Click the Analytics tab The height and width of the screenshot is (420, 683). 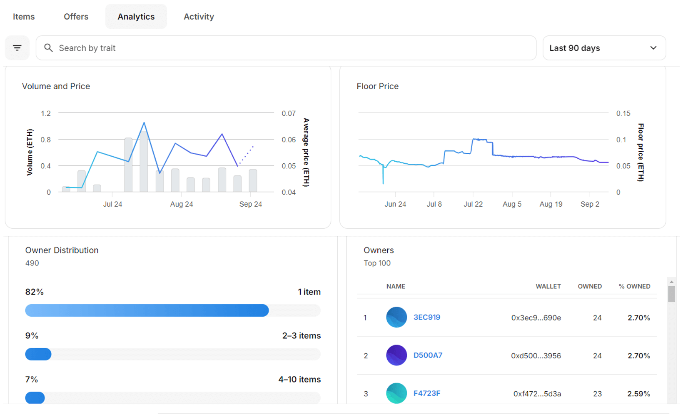(x=136, y=17)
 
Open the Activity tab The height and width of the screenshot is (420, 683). (x=199, y=17)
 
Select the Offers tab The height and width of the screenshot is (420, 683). (x=76, y=17)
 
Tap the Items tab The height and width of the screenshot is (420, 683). (x=24, y=17)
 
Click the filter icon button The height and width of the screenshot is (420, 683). (x=17, y=48)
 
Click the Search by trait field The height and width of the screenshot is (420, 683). (x=286, y=48)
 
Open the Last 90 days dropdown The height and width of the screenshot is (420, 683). (x=603, y=48)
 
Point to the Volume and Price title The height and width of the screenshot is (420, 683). (x=56, y=86)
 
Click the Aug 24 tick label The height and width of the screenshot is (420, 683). (x=182, y=204)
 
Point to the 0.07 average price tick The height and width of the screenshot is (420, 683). (x=289, y=113)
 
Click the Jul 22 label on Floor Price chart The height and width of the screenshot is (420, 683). (x=473, y=204)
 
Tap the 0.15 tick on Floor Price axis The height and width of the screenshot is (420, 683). (x=623, y=113)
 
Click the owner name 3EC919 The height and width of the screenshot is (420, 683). (x=426, y=317)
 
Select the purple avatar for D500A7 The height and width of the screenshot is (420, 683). (x=396, y=355)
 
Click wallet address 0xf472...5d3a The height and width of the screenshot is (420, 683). (x=537, y=394)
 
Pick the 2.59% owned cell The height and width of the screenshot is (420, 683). (x=638, y=394)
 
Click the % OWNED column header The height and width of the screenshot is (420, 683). (x=634, y=286)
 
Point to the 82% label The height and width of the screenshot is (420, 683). (x=35, y=292)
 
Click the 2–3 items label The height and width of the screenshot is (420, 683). (x=301, y=336)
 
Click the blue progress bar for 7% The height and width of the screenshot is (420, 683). (x=35, y=398)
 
